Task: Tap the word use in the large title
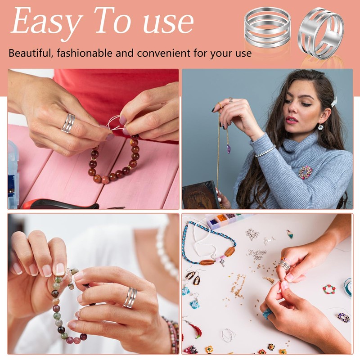tap(168, 23)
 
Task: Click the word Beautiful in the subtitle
tap(30, 53)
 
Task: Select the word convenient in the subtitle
tap(164, 53)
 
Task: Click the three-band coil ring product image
tap(267, 27)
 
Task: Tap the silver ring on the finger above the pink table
tap(68, 123)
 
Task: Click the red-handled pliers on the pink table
tap(62, 204)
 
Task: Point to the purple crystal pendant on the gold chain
tap(229, 148)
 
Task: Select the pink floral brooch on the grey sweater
tap(306, 172)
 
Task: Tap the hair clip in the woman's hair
tap(334, 102)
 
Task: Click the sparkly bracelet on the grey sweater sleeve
tap(265, 152)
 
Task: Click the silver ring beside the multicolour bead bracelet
tap(130, 297)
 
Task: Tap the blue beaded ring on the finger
tap(267, 313)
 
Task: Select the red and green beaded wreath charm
tap(329, 289)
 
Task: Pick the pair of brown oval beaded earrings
tap(193, 278)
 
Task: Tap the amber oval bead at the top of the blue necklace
tap(230, 252)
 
